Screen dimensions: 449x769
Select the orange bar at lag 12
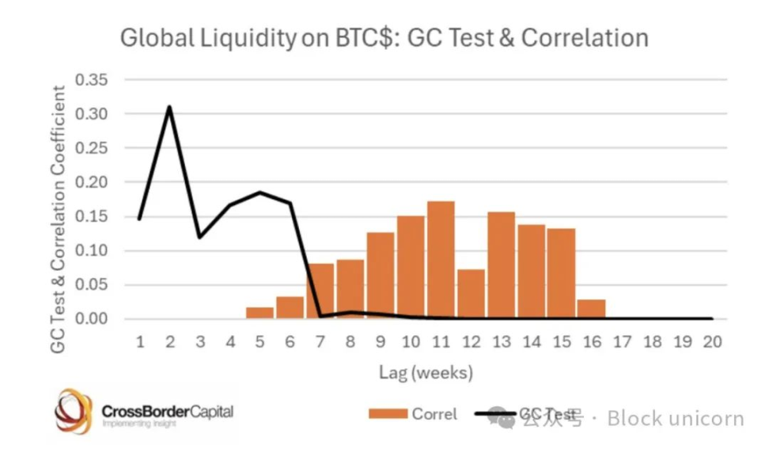coord(471,294)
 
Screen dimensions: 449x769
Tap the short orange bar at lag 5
coord(259,313)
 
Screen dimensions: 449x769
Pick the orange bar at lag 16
coord(591,309)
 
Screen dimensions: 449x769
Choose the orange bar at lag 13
coord(501,265)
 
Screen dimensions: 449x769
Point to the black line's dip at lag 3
coord(199,237)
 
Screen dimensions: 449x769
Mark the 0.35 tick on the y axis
coord(91,80)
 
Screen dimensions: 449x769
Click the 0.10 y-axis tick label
coord(91,250)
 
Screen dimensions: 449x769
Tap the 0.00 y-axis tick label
coord(91,318)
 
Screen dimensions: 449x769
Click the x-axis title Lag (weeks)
coord(426,371)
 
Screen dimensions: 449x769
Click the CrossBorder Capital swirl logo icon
coord(73,412)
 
